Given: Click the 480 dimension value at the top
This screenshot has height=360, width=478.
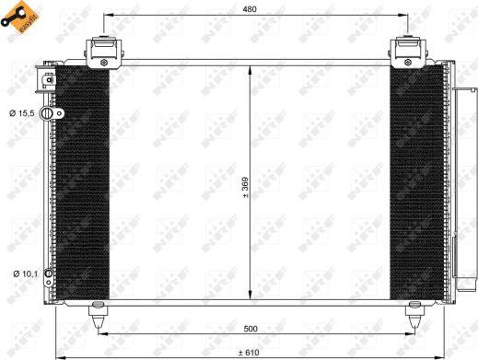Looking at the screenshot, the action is (x=250, y=9).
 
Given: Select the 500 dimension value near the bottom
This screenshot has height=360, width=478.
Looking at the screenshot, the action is (x=251, y=329).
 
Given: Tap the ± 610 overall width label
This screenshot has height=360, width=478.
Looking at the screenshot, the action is (x=249, y=353).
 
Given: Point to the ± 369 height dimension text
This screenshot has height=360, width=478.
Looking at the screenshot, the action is (x=245, y=187).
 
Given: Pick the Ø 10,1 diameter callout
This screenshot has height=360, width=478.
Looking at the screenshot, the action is (x=25, y=273).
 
